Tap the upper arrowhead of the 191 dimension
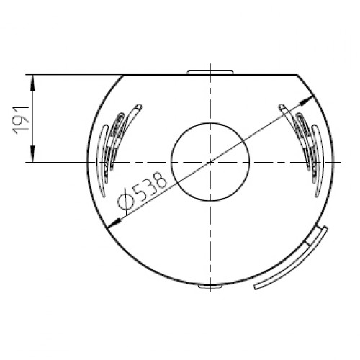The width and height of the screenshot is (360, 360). [32, 83]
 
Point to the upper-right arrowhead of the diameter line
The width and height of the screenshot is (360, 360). [307, 100]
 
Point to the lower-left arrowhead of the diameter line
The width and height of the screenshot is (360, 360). [114, 224]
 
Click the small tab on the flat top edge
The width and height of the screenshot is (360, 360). [210, 72]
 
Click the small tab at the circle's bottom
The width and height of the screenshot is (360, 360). [210, 287]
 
